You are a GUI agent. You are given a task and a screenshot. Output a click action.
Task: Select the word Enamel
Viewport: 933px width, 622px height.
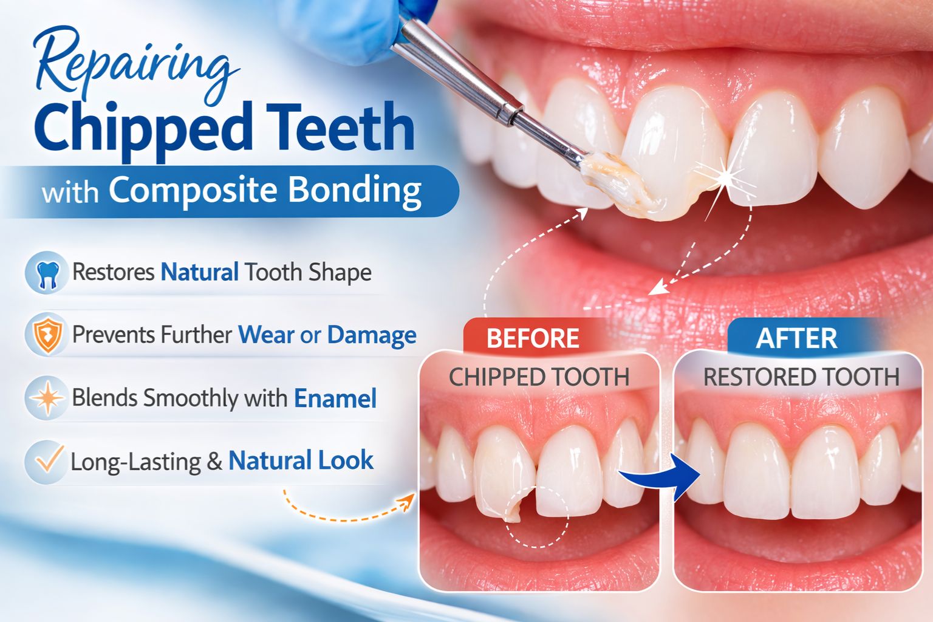335,398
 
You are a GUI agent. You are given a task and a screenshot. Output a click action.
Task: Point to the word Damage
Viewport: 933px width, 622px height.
372,335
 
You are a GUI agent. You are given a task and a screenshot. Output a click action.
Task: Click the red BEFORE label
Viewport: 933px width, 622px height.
533,338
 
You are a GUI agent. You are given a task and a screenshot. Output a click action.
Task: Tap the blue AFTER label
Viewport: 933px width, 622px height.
796,338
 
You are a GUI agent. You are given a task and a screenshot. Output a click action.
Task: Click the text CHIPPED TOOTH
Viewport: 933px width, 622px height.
539,377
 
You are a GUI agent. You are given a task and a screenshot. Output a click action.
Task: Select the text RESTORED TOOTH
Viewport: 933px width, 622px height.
801,377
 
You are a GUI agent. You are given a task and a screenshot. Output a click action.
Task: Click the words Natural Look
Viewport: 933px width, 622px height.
301,460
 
